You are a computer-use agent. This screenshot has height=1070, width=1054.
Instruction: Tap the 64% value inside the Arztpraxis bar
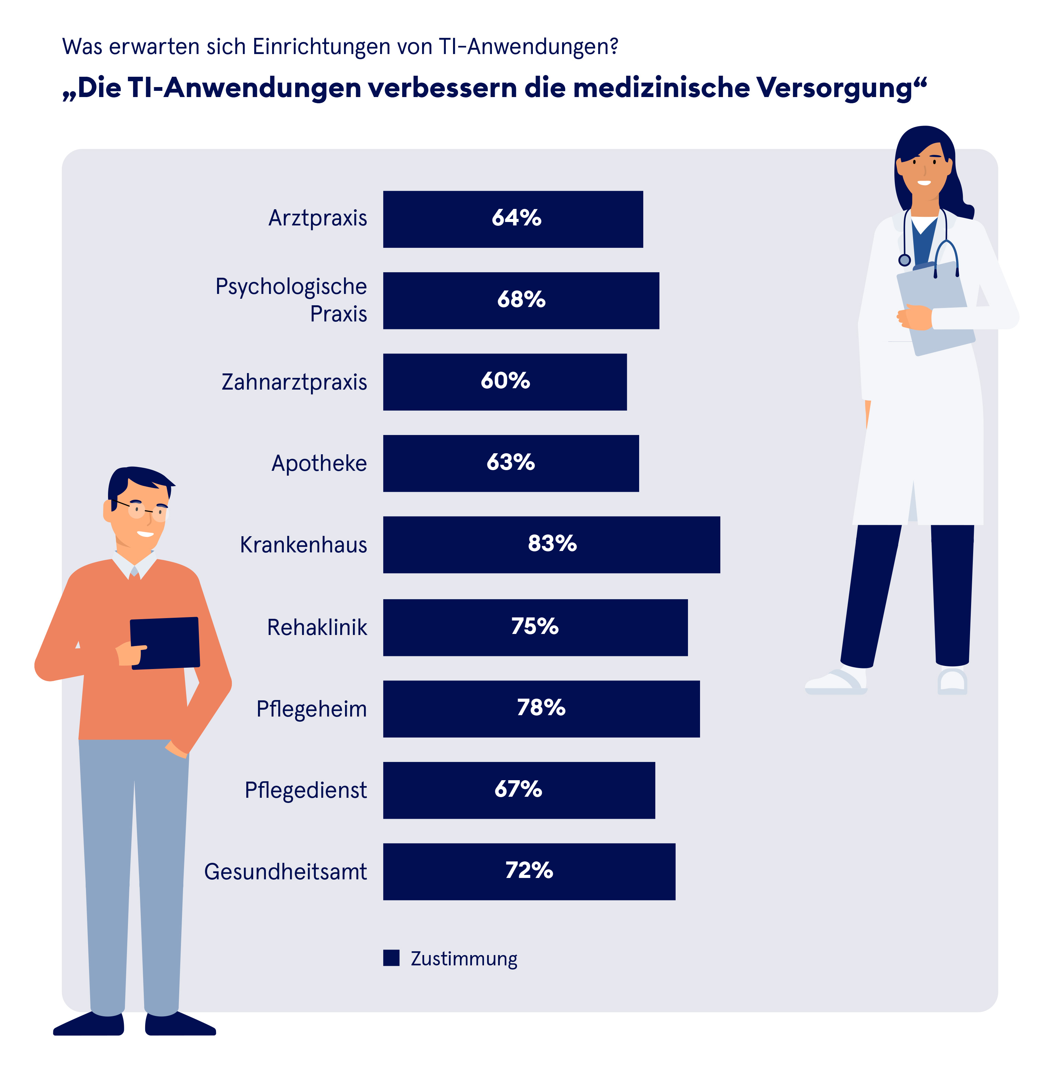click(x=516, y=218)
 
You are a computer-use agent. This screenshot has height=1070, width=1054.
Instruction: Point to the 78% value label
click(x=541, y=708)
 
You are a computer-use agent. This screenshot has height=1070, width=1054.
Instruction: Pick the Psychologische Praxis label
click(x=291, y=300)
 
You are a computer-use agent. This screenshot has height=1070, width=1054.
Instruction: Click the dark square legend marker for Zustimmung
click(x=391, y=958)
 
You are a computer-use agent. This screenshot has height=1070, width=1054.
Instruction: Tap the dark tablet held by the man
click(x=165, y=643)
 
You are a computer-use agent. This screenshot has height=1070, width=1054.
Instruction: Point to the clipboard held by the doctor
click(x=936, y=310)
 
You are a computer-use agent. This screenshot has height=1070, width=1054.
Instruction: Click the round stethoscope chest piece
click(x=905, y=260)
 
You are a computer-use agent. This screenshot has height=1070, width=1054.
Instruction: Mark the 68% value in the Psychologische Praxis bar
click(x=521, y=300)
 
